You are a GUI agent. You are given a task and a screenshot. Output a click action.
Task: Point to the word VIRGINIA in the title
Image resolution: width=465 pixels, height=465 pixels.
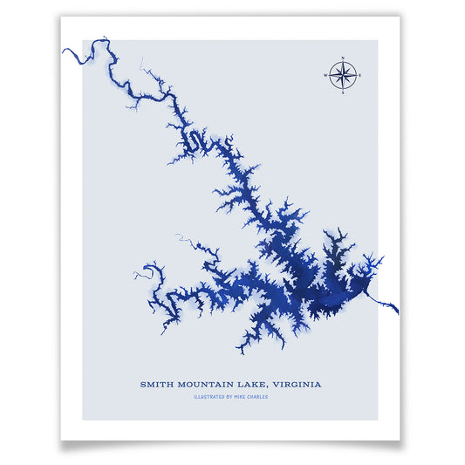(297, 384)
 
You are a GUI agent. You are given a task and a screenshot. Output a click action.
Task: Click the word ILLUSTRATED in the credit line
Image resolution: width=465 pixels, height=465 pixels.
(213, 397)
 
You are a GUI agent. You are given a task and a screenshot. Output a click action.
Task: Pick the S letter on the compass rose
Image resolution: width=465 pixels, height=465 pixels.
(343, 92)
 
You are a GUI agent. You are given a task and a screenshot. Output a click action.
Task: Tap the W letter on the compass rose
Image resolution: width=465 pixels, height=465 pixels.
(325, 75)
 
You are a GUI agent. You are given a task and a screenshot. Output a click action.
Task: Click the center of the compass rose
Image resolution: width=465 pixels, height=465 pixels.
(343, 75)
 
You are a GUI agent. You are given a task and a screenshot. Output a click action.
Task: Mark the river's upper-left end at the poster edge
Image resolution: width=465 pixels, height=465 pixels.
(64, 51)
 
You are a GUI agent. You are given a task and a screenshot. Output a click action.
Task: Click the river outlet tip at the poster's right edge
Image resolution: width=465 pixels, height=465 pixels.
(398, 312)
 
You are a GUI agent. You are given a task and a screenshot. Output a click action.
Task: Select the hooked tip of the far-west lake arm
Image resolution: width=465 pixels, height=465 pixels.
(135, 275)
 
